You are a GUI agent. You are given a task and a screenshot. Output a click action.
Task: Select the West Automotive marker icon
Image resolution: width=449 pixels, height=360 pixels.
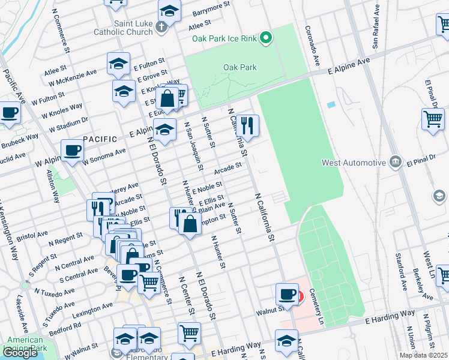pyautogui.click(x=395, y=162)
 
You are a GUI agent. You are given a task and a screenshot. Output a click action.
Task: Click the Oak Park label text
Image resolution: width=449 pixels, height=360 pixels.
pyautogui.click(x=240, y=67)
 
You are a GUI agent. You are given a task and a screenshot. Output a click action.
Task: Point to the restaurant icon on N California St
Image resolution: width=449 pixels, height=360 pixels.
pyautogui.click(x=247, y=125)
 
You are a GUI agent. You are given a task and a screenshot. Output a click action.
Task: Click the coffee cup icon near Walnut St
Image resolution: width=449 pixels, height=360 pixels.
pyautogui.click(x=288, y=295)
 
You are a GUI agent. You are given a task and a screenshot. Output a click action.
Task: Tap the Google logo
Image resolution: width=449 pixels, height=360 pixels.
pyautogui.click(x=20, y=353)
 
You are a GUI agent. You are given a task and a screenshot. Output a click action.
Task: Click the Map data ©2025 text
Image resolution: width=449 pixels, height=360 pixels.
pyautogui.click(x=423, y=355)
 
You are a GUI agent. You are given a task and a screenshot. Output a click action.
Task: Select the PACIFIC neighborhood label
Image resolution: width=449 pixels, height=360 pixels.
pyautogui.click(x=100, y=139)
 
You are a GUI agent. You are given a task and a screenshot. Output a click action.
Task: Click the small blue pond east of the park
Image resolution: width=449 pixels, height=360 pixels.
pyautogui.click(x=331, y=105)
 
